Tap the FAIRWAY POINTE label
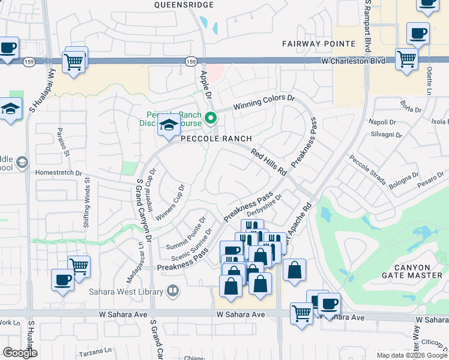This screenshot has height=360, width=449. pyautogui.click(x=319, y=44)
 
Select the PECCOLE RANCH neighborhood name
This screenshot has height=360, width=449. pyautogui.click(x=217, y=139)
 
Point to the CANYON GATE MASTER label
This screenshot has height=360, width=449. pyautogui.click(x=414, y=271)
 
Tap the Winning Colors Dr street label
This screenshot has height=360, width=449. pyautogui.click(x=265, y=101)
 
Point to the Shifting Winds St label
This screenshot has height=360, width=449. pyautogui.click(x=87, y=202)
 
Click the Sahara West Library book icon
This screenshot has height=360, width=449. pyautogui.click(x=173, y=291)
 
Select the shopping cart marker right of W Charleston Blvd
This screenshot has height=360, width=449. pyautogui.click(x=406, y=59)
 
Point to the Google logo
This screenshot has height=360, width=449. pyautogui.click(x=20, y=353)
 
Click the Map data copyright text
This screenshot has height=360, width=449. pyautogui.click(x=412, y=355)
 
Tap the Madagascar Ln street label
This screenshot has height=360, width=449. pyautogui.click(x=136, y=264)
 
